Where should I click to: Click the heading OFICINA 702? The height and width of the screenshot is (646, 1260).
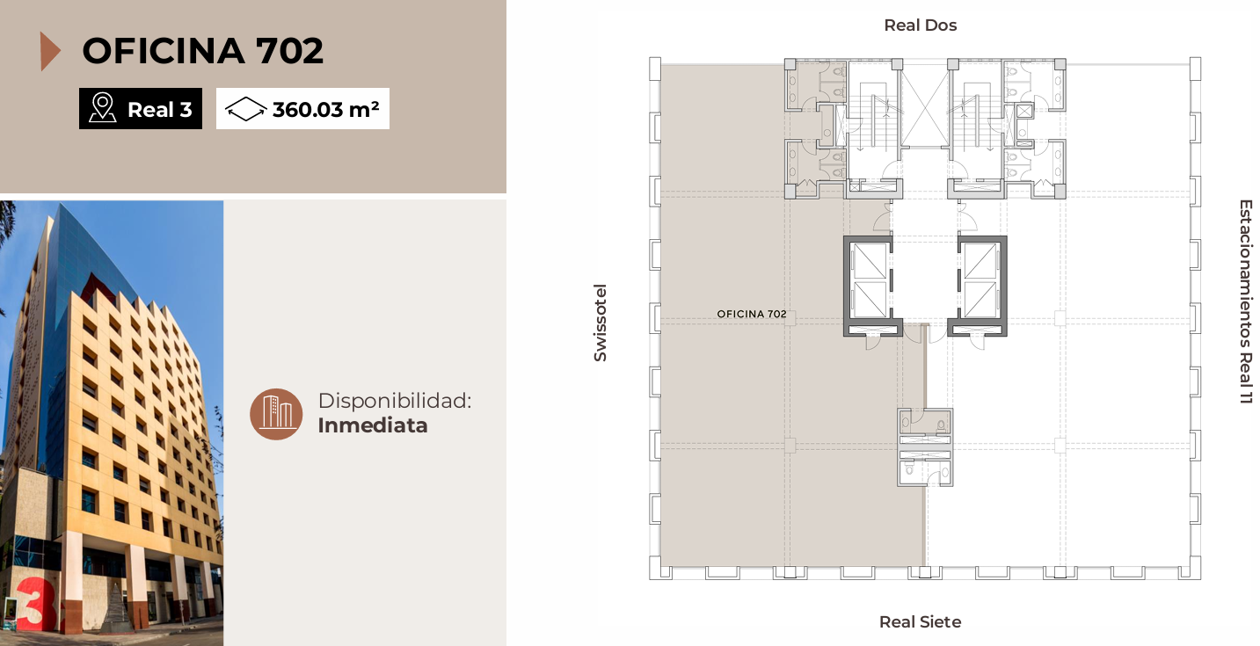tap(202, 51)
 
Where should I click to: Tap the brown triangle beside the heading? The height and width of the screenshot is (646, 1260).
tap(49, 51)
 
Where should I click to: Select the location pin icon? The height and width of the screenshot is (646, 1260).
tap(102, 107)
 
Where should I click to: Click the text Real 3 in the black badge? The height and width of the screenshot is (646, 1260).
tap(160, 110)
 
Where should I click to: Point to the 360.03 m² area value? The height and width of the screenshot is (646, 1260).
tap(325, 109)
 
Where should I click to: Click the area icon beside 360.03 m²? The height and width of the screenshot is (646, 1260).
tap(246, 108)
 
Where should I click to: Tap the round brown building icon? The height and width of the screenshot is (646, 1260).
tap(276, 414)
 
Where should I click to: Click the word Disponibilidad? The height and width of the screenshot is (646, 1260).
tap(394, 401)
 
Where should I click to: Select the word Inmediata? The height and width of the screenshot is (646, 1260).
tap(373, 425)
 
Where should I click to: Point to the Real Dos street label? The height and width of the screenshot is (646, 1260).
tap(921, 25)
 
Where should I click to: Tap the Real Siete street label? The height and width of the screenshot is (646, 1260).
tap(921, 621)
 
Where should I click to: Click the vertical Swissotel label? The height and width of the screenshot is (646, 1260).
tap(601, 323)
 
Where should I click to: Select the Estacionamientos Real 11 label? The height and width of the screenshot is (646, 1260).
tap(1245, 301)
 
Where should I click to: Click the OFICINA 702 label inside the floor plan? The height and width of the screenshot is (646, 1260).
tap(752, 315)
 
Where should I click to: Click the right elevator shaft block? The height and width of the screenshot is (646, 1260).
tap(980, 287)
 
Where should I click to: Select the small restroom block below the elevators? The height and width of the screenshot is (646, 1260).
tap(925, 447)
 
